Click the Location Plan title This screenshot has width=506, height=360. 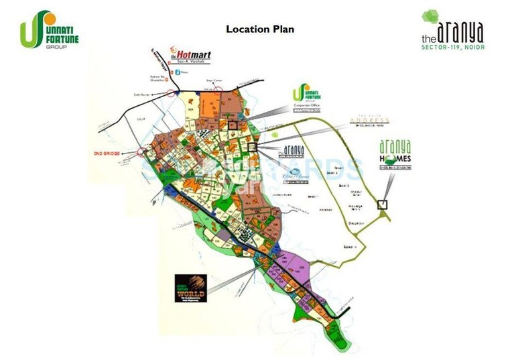[x=259, y=29]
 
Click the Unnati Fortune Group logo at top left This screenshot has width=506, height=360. [x=49, y=31]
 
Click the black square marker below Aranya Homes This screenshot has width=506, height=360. [x=383, y=204]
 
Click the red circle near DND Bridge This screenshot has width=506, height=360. [x=142, y=152]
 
